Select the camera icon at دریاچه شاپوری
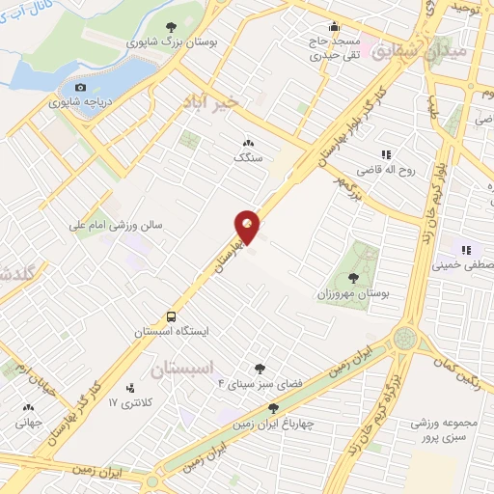[x=80, y=88]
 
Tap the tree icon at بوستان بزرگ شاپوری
[x=171, y=28]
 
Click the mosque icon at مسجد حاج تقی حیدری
[x=334, y=27]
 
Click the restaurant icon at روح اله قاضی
[x=386, y=153]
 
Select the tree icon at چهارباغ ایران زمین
[x=274, y=409]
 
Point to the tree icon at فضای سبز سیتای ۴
[x=259, y=369]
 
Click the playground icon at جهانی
[x=28, y=407]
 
